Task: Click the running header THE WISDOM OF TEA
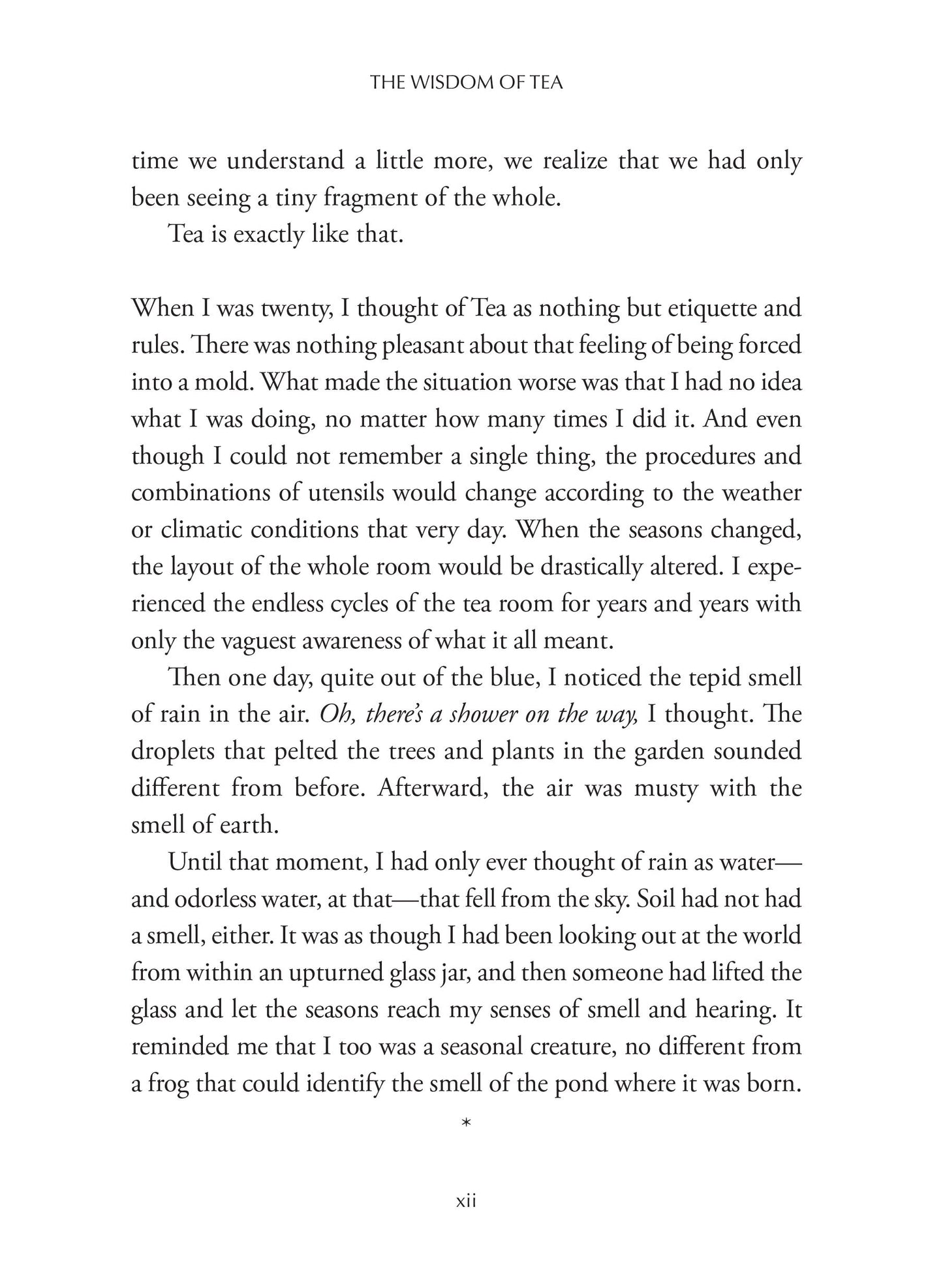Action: (466, 83)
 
